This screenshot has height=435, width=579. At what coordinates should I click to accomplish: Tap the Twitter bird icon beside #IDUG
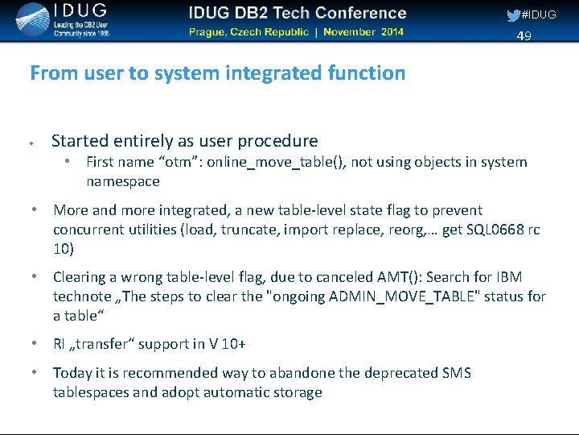(513, 15)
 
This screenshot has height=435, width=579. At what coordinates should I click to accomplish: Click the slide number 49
(524, 36)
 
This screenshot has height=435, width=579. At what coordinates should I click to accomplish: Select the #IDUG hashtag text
(539, 15)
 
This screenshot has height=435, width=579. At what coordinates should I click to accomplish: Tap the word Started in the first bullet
(79, 141)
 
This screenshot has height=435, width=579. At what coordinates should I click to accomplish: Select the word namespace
(122, 181)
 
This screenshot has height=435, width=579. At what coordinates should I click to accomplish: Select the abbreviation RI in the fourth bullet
(60, 344)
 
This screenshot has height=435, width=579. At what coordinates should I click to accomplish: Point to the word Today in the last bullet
(71, 373)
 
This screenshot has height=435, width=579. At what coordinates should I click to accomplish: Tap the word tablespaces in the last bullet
(90, 392)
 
